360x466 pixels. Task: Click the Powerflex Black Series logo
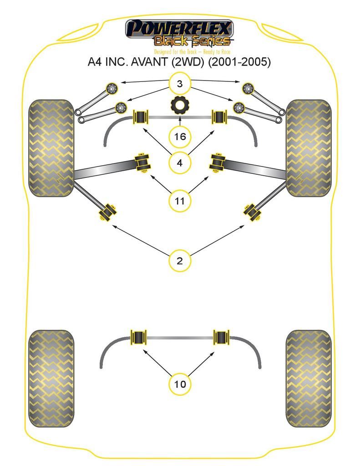point(180,35)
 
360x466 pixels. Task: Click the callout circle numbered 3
point(180,84)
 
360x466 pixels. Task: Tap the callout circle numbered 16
point(180,137)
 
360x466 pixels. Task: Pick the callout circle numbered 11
point(180,200)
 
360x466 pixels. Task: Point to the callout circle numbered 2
point(180,261)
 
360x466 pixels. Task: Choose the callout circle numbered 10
point(180,384)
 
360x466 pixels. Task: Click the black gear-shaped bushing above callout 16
point(180,106)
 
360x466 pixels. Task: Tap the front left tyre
point(51,148)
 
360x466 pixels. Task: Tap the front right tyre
point(309,148)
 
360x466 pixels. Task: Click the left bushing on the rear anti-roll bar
point(138,338)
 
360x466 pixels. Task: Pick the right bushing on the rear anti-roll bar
point(222,338)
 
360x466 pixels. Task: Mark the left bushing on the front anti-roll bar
point(140,116)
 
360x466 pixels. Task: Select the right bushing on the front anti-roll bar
point(220,116)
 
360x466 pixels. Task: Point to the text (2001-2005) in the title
point(239,62)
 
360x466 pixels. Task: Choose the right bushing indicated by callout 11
point(217,162)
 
